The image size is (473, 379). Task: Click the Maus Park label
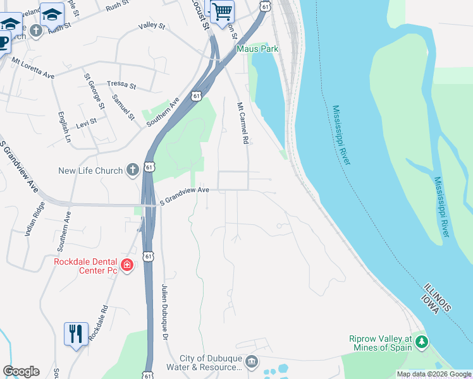point(257,48)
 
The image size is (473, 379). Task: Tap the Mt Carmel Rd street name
point(241,123)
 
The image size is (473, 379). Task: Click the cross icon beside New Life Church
point(132,169)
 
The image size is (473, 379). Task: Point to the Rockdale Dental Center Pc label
point(86,266)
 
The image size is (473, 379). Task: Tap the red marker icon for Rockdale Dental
point(127,265)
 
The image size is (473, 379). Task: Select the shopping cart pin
point(222,11)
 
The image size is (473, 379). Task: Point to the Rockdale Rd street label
point(99,324)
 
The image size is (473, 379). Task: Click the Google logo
point(21,371)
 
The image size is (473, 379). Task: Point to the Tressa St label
point(121,84)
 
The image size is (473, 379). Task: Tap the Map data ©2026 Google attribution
point(434,374)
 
